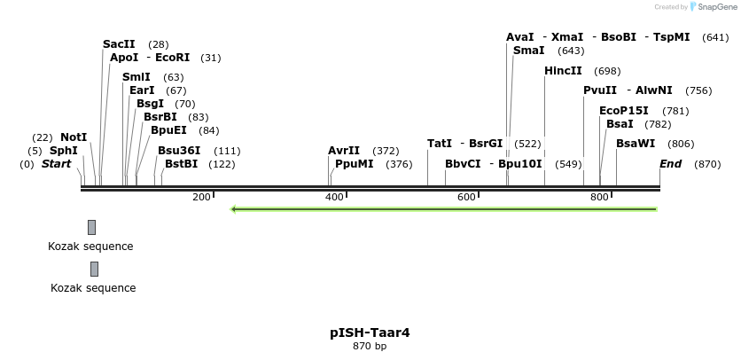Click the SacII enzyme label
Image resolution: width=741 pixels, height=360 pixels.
[119, 44]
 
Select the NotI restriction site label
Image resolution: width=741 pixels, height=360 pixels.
[74, 137]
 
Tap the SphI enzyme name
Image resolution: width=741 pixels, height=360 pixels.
[63, 151]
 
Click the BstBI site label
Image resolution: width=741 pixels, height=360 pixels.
[181, 164]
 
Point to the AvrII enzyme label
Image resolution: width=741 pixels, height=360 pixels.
[344, 151]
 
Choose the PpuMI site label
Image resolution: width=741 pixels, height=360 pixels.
[354, 164]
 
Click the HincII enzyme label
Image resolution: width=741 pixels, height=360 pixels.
[563, 71]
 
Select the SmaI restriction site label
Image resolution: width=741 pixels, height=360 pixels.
[528, 51]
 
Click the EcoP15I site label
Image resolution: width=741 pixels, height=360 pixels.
[624, 111]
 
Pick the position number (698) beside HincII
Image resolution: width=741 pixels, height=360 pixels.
[607, 71]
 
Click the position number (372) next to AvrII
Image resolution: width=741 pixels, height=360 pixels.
[386, 151]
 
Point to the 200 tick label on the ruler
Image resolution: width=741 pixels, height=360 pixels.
[201, 197]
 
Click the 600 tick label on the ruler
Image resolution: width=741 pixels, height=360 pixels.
[467, 197]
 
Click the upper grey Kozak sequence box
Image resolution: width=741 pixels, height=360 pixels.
[91, 228]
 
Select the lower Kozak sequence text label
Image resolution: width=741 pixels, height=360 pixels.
[93, 288]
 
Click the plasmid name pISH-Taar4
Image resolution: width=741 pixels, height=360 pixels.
[370, 333]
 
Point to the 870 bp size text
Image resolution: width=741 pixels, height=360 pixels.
[370, 347]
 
